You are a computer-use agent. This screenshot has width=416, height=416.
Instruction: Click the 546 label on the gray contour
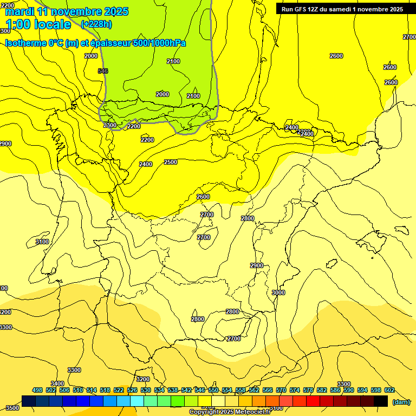(x=103, y=71)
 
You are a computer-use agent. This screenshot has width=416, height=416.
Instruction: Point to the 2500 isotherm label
(x=171, y=162)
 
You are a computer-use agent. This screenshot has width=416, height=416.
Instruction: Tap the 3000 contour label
(x=278, y=292)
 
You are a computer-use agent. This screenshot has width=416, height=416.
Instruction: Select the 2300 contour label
(x=109, y=125)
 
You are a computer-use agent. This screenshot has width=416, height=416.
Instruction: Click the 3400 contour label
(x=57, y=383)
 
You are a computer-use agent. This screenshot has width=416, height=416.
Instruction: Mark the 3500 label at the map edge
(x=12, y=408)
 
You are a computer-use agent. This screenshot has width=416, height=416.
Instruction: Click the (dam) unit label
(x=401, y=401)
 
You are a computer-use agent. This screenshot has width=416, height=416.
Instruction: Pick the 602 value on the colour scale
(x=389, y=390)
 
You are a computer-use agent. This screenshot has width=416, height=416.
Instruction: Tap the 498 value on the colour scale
(x=37, y=390)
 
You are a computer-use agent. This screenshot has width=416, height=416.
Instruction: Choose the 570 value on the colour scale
(x=281, y=390)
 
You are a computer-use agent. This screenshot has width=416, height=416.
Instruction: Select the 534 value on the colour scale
(x=159, y=390)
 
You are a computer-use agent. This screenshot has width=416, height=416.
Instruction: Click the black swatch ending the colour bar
(x=381, y=401)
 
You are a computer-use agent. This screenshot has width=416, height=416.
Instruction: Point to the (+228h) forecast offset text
(x=96, y=24)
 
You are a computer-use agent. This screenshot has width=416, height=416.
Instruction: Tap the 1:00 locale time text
(x=38, y=24)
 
